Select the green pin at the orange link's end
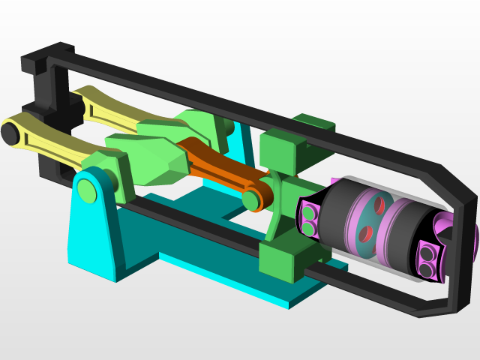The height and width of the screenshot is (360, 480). coord(251,199)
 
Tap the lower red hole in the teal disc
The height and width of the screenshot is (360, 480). coord(365,233)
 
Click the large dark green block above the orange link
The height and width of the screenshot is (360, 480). coord(281,150)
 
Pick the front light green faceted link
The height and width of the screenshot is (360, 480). coord(154,161)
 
